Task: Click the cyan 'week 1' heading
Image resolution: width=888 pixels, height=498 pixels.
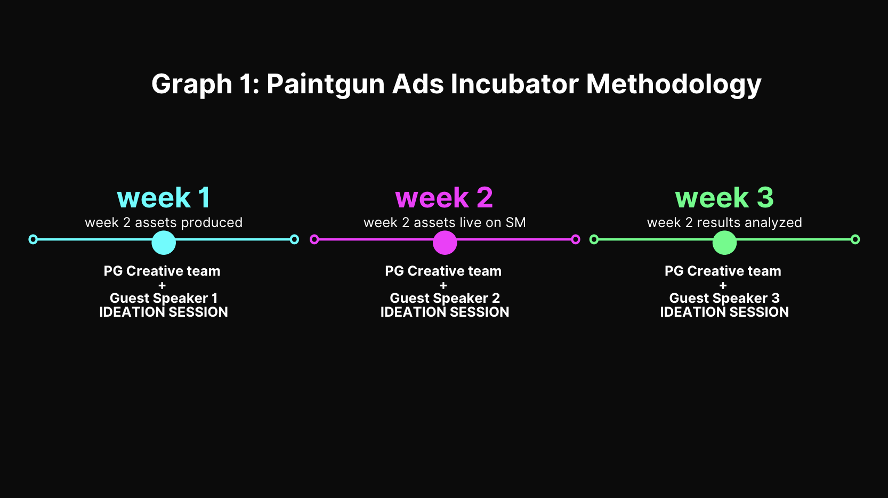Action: (163, 198)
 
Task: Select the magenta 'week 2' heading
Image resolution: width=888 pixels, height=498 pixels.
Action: (444, 198)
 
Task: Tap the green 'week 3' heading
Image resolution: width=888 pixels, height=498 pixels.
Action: (724, 198)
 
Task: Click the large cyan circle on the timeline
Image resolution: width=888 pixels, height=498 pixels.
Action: (164, 243)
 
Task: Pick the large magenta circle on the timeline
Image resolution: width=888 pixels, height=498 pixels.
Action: (445, 243)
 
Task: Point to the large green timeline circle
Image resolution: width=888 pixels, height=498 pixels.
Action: (724, 243)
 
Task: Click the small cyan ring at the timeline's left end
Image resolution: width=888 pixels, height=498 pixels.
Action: (33, 239)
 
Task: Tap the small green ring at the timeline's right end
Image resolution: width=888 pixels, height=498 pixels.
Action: (855, 239)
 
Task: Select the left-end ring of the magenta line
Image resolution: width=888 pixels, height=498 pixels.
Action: (314, 239)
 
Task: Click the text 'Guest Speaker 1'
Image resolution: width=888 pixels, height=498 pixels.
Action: (163, 298)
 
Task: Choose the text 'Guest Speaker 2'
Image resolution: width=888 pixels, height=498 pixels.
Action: (445, 298)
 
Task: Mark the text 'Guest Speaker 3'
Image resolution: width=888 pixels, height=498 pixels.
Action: (724, 298)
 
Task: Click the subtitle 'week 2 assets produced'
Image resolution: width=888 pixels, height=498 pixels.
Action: (163, 222)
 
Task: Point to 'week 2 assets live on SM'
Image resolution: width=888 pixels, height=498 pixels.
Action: (445, 222)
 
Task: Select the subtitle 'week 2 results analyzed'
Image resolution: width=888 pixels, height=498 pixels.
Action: (724, 222)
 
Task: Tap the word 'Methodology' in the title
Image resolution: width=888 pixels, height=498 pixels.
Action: (673, 84)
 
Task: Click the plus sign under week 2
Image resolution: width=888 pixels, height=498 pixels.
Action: (443, 285)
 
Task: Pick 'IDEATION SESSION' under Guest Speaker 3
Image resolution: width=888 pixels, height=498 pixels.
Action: (724, 312)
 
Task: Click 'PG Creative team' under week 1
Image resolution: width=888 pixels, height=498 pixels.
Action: (162, 271)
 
